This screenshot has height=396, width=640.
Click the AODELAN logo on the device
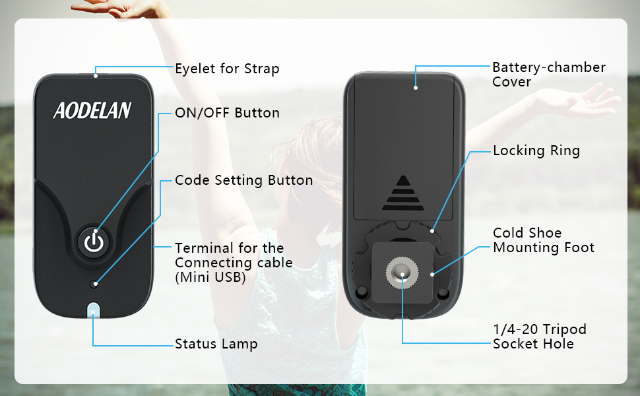point(92,110)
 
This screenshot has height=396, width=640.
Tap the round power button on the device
point(95,242)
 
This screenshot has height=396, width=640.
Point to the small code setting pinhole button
point(95,284)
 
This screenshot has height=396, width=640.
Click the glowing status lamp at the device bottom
point(94,310)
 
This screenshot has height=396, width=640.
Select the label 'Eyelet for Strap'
point(227,69)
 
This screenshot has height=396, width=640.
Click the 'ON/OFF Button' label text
point(227,113)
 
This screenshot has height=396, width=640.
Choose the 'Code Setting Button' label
point(243,180)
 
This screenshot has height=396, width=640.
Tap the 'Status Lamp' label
point(216,344)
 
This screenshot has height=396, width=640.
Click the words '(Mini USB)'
point(210,278)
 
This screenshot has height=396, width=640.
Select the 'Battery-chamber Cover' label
point(548,75)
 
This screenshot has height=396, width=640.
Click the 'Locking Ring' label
point(536,150)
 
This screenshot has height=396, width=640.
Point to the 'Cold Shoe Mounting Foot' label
point(543,240)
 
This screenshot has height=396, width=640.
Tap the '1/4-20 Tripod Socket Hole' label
point(539,336)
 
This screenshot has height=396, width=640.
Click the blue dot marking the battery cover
point(416,86)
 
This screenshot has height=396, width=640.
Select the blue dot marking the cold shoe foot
point(432,272)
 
